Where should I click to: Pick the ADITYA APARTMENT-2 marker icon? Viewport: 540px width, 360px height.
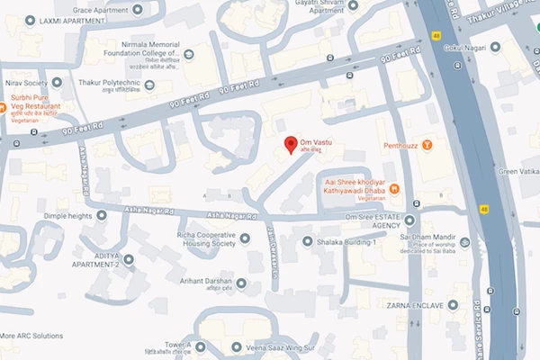pos(128,259)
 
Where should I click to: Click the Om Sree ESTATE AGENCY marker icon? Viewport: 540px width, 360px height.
pos(409,219)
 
